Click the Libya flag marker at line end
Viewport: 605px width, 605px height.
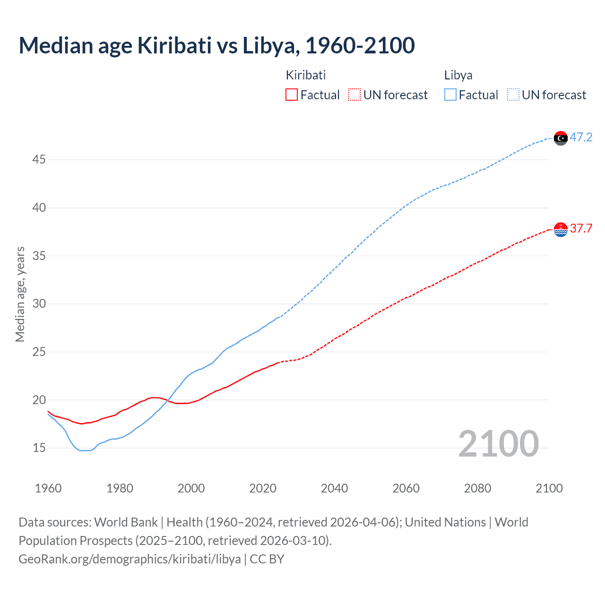pyautogui.click(x=561, y=138)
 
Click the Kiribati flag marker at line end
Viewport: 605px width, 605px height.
pyautogui.click(x=561, y=229)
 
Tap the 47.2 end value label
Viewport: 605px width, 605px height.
pyautogui.click(x=581, y=138)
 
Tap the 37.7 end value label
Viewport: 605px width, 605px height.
pyautogui.click(x=581, y=229)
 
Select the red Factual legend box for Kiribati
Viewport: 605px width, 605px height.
pyautogui.click(x=292, y=95)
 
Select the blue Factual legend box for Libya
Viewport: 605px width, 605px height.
pyautogui.click(x=450, y=95)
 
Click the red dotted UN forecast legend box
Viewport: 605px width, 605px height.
pyautogui.click(x=354, y=95)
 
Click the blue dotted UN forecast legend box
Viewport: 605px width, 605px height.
pyautogui.click(x=513, y=95)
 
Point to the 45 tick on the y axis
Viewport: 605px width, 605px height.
pyautogui.click(x=39, y=160)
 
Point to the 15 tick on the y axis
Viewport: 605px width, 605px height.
pyautogui.click(x=39, y=448)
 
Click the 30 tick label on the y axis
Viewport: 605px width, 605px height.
pyautogui.click(x=39, y=304)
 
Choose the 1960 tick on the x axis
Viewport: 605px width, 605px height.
pyautogui.click(x=48, y=488)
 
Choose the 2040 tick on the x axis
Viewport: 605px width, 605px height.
pyautogui.click(x=334, y=488)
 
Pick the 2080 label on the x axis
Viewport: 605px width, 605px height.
pyautogui.click(x=477, y=488)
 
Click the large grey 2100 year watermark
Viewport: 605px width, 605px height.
pyautogui.click(x=498, y=444)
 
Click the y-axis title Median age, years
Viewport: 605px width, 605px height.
pyautogui.click(x=20, y=294)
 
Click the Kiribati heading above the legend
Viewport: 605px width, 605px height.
pyautogui.click(x=306, y=75)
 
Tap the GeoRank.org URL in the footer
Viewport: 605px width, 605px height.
pyautogui.click(x=130, y=559)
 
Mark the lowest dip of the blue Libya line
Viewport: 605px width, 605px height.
pyautogui.click(x=85, y=450)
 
